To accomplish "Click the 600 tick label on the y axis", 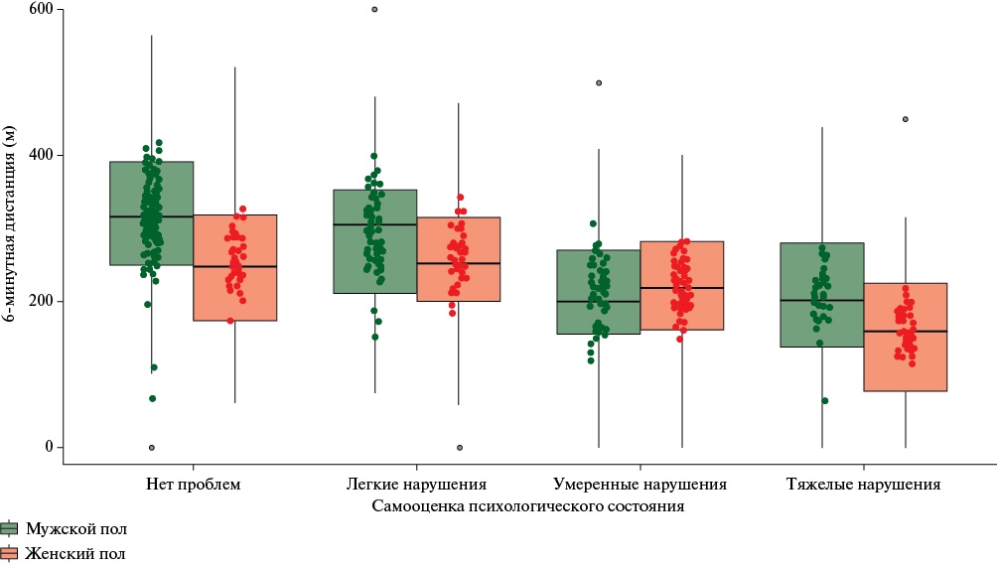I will [40, 10].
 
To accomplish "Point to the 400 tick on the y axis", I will [40, 156].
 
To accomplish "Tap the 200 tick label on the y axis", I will [40, 302].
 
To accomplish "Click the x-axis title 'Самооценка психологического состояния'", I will [529, 506].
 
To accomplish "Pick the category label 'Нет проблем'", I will [193, 485].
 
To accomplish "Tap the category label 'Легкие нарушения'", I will [416, 485].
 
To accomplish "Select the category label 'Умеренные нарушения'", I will [640, 485].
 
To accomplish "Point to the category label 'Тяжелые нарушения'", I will [863, 485].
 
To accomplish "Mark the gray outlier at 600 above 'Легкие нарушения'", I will [374, 10].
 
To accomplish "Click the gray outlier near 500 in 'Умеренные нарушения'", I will [599, 83].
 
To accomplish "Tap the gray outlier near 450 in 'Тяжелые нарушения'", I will [906, 119].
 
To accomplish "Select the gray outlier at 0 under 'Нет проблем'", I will [152, 448].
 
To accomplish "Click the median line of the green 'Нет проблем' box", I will [151, 216].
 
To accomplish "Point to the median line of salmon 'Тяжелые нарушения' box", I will [906, 332].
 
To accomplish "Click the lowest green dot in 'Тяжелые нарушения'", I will [825, 401].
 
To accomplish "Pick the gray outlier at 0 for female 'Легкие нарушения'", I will [459, 448].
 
